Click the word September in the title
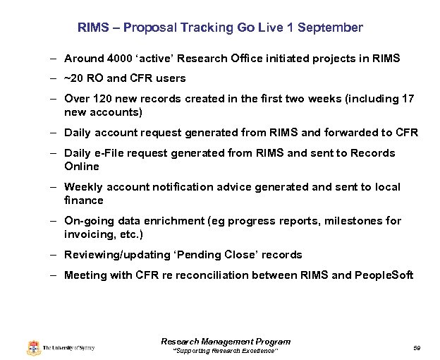pyautogui.click(x=330, y=28)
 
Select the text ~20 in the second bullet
pyautogui.click(x=74, y=78)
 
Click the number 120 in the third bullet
pyautogui.click(x=100, y=99)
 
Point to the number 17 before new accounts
pyautogui.click(x=407, y=99)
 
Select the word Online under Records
pyautogui.click(x=82, y=167)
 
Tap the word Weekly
pyautogui.click(x=83, y=187)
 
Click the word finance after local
pyautogui.click(x=84, y=200)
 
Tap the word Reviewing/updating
pyautogui.click(x=111, y=255)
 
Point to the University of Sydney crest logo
pyautogui.click(x=33, y=347)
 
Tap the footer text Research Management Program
pyautogui.click(x=226, y=342)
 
